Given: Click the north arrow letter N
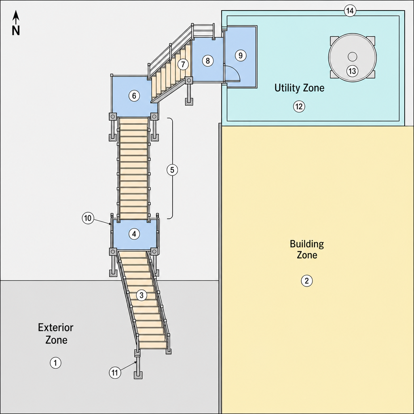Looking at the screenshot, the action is [x=16, y=30].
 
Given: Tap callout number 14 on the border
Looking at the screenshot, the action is [x=350, y=11].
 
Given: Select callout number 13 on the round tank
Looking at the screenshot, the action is [x=352, y=71].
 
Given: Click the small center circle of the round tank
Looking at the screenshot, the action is [x=353, y=57].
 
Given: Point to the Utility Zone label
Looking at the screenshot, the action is [x=300, y=88].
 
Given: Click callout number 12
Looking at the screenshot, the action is [x=299, y=106].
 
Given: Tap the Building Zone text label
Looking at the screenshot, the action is [x=307, y=249].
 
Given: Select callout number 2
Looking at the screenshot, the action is [x=307, y=281].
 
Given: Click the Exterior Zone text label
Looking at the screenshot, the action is [x=56, y=334].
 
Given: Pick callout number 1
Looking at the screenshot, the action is [x=55, y=363].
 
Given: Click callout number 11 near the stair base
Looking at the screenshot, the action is [x=115, y=372].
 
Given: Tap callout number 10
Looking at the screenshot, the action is [x=88, y=218].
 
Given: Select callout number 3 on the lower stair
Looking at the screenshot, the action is [x=142, y=295].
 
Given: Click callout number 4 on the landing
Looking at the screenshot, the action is [x=134, y=234].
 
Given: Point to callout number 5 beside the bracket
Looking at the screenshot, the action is [x=172, y=170].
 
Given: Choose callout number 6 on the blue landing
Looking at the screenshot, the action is [x=134, y=95].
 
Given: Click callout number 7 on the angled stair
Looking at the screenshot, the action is [x=183, y=64].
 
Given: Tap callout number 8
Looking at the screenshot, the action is [x=208, y=61].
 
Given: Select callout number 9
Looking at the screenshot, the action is [x=240, y=55].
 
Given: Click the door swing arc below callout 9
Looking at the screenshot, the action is [x=236, y=70].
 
